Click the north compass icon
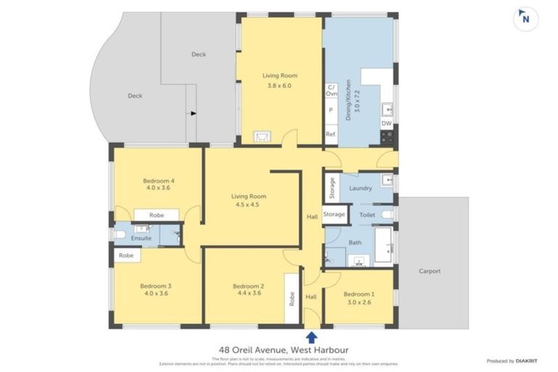click(x=522, y=20)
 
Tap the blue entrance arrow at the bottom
click(x=312, y=336)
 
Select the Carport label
click(x=430, y=271)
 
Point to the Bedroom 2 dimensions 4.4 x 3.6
click(x=248, y=294)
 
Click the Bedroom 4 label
click(x=158, y=180)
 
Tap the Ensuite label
click(x=141, y=238)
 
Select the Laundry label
click(x=360, y=189)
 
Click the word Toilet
click(x=366, y=215)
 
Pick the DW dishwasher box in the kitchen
click(x=387, y=123)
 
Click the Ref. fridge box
click(x=331, y=135)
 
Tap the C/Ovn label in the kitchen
click(x=331, y=90)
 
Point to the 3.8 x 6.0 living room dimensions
click(x=279, y=86)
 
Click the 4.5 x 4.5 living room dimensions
click(x=248, y=206)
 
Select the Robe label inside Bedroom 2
click(x=292, y=298)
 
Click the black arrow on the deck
click(x=193, y=113)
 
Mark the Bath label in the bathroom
click(x=355, y=243)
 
